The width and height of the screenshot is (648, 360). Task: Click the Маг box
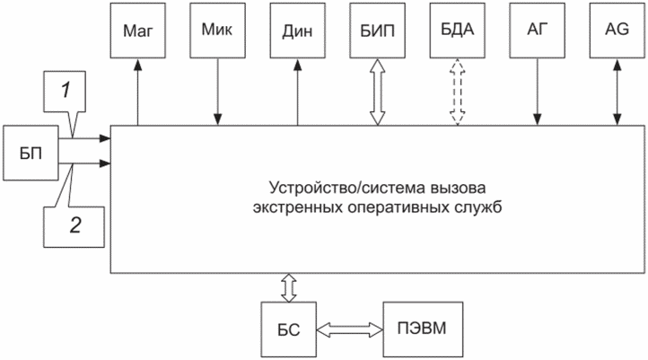coord(137,31)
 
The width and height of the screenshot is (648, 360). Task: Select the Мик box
coord(217,31)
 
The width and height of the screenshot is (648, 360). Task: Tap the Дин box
coord(298,31)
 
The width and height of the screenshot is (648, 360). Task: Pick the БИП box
coord(377,31)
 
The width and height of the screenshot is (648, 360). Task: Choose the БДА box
coord(458,31)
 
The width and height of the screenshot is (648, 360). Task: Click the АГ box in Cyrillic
coord(538,31)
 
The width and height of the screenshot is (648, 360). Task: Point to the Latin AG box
coord(617,31)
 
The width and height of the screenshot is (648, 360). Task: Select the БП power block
coord(31,153)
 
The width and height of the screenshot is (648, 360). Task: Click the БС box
coord(288,329)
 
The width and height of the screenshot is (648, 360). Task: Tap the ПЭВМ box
coord(423,329)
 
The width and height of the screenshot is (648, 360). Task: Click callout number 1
coord(65,92)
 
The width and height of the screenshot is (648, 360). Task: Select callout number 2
coord(74,226)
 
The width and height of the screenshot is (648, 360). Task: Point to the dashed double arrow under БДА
coord(458,92)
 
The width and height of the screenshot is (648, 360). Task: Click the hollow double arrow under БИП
coord(377,92)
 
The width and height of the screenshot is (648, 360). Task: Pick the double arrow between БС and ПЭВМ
coord(350,329)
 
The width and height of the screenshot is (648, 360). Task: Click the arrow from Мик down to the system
coord(218,92)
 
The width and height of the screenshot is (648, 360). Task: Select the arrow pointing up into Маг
coord(137,92)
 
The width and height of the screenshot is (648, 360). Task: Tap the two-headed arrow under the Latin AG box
coord(617,92)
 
